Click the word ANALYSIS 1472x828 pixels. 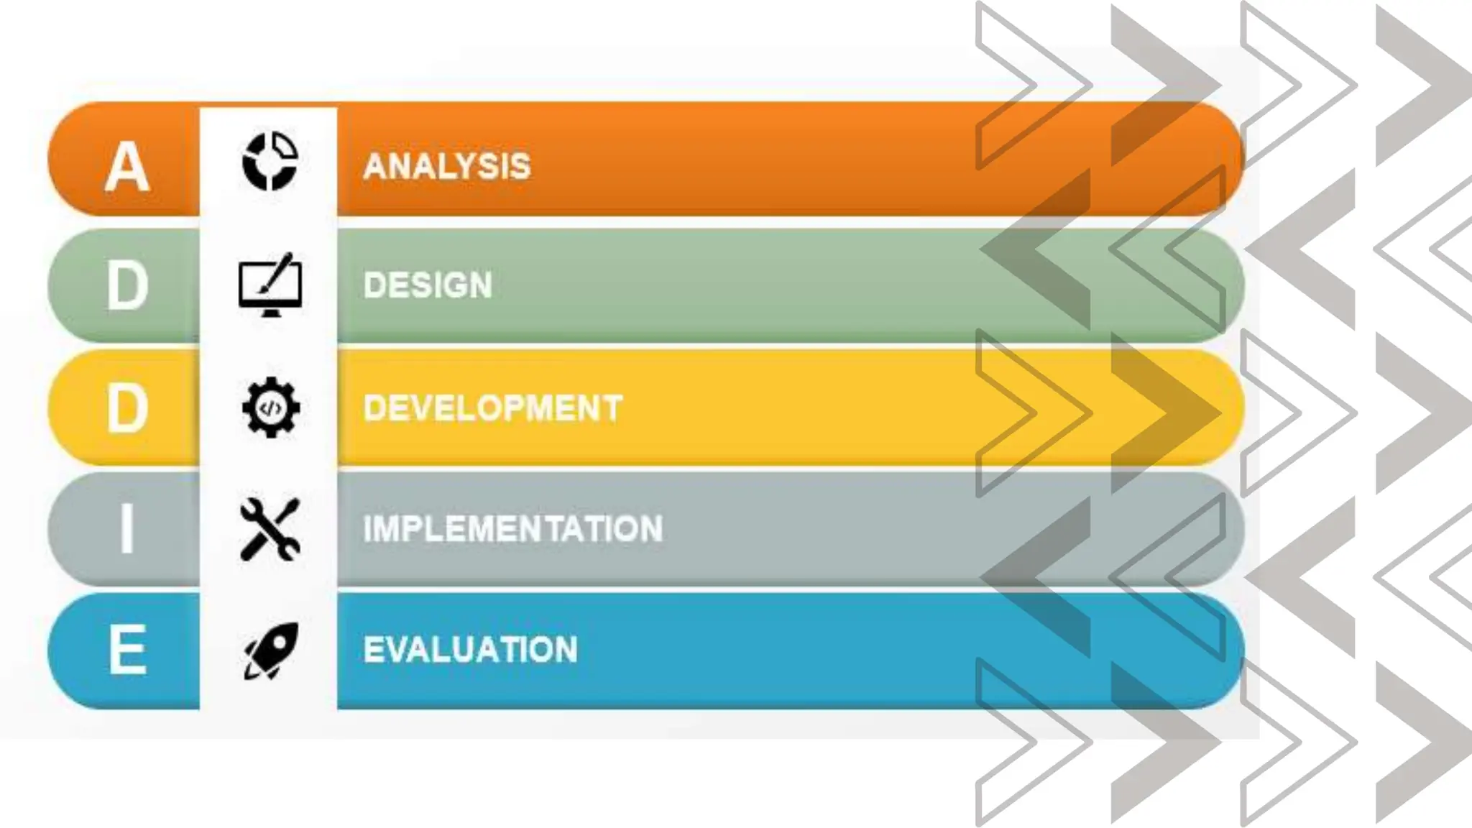(446, 166)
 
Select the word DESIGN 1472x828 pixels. (428, 285)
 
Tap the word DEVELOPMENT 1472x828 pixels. (492, 408)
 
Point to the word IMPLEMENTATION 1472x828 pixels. (512, 529)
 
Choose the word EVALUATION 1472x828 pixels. (470, 650)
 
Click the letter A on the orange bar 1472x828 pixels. (126, 167)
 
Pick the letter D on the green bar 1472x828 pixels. (127, 286)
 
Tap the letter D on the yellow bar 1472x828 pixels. (127, 408)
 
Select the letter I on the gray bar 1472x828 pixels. (127, 528)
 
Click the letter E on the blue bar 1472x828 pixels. (128, 650)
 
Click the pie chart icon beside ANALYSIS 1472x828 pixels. (270, 161)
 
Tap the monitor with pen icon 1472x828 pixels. (270, 285)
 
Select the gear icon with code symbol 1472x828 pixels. (270, 408)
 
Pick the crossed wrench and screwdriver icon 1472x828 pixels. (270, 529)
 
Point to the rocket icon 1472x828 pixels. (270, 650)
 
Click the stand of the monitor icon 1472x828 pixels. (270, 313)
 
